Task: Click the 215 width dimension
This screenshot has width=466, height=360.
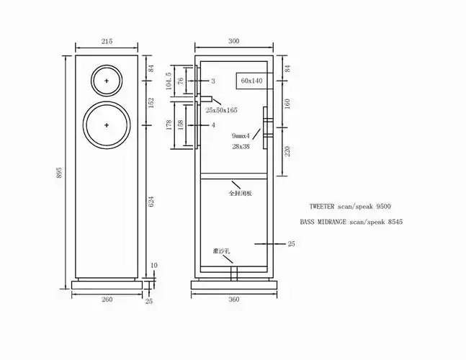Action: pos(107,41)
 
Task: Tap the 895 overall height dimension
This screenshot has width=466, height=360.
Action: pos(59,173)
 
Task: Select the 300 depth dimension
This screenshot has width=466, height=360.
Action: pos(234,41)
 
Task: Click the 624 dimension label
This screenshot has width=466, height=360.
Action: pos(151,202)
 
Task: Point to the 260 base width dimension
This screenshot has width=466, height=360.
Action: pos(107,299)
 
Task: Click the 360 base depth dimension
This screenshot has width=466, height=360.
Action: pos(234,300)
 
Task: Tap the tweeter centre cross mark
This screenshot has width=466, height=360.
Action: pos(107,81)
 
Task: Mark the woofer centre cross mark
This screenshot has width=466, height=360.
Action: pos(107,125)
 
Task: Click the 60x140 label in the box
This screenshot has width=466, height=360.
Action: pos(251,81)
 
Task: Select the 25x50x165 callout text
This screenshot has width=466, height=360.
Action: pos(221,110)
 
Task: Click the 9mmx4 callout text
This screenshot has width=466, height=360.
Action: pos(241,136)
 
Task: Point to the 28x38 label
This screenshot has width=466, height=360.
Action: pos(241,146)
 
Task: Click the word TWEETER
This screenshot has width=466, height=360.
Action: pos(322,207)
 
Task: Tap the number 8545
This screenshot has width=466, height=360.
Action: pos(395,222)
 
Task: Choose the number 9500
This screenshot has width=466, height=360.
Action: pos(383,207)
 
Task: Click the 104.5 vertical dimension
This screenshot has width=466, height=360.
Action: pos(169,81)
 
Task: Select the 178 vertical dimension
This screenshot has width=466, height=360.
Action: pos(169,125)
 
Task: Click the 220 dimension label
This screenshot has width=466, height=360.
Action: pos(287,151)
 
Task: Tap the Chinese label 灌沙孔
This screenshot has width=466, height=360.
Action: pos(221,251)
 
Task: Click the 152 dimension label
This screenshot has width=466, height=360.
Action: pos(151,103)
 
